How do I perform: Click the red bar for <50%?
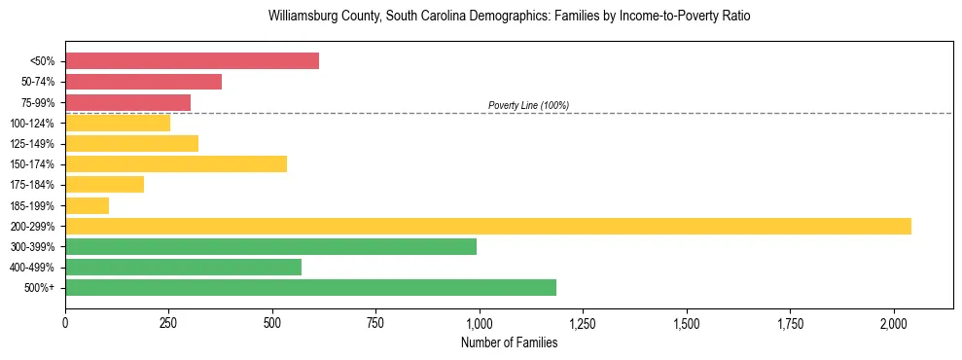tap(192, 61)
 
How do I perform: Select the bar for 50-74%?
tap(143, 82)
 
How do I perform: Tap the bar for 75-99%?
tap(127, 102)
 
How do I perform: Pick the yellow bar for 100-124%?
tap(118, 123)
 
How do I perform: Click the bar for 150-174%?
tap(176, 163)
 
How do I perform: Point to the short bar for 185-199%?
tap(87, 205)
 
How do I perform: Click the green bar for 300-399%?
tap(270, 246)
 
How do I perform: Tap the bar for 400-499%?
tap(183, 267)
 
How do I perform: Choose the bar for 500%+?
tap(310, 287)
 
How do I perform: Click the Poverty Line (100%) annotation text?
tap(528, 105)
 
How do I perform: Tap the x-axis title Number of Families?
tap(509, 342)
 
